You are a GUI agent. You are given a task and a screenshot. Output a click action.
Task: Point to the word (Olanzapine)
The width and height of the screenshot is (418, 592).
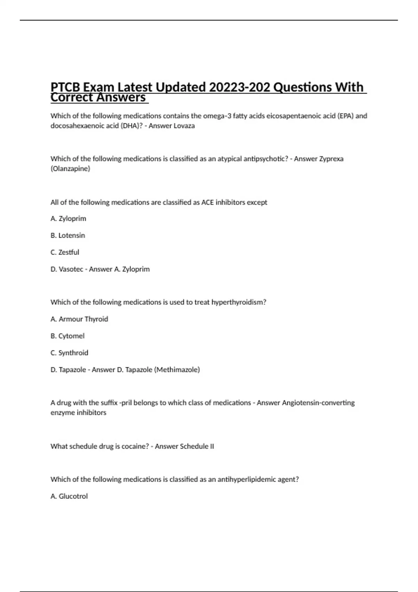pyautogui.click(x=70, y=169)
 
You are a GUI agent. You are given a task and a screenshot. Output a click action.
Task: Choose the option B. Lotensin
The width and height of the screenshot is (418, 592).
pyautogui.click(x=68, y=235)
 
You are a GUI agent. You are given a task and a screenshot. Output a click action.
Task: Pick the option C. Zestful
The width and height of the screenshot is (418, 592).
pyautogui.click(x=65, y=252)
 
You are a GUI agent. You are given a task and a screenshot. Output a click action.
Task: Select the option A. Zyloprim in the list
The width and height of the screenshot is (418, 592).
pyautogui.click(x=68, y=219)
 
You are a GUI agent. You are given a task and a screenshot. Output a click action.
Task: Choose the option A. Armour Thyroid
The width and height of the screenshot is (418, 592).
pyautogui.click(x=79, y=319)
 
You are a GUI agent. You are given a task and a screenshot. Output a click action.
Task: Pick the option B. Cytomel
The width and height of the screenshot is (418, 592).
pyautogui.click(x=68, y=336)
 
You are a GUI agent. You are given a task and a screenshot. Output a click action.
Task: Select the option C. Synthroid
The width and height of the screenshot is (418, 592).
pyautogui.click(x=69, y=353)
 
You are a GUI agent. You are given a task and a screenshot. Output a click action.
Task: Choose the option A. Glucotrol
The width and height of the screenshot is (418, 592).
pyautogui.click(x=69, y=496)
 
